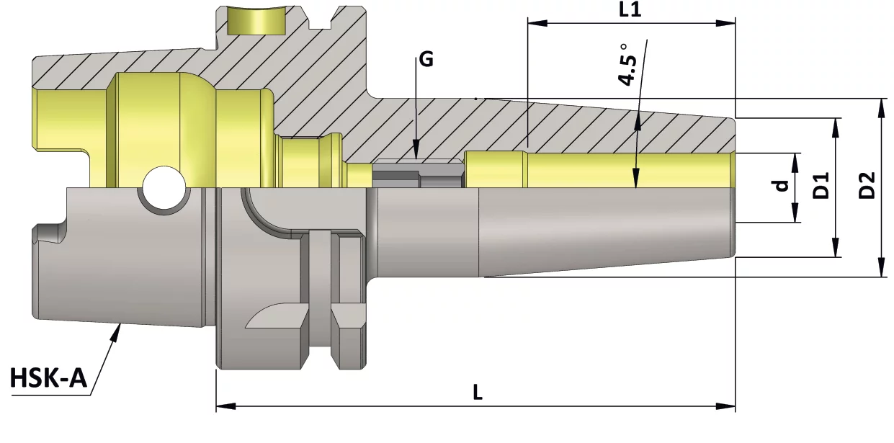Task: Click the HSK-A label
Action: (48, 377)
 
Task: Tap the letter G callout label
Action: (426, 60)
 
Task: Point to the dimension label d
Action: (780, 186)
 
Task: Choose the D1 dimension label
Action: (821, 186)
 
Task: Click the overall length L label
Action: (477, 393)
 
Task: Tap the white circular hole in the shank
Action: (163, 189)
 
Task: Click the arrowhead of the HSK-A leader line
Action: (116, 332)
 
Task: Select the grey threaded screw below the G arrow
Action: (418, 174)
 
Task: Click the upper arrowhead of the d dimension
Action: (795, 159)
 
